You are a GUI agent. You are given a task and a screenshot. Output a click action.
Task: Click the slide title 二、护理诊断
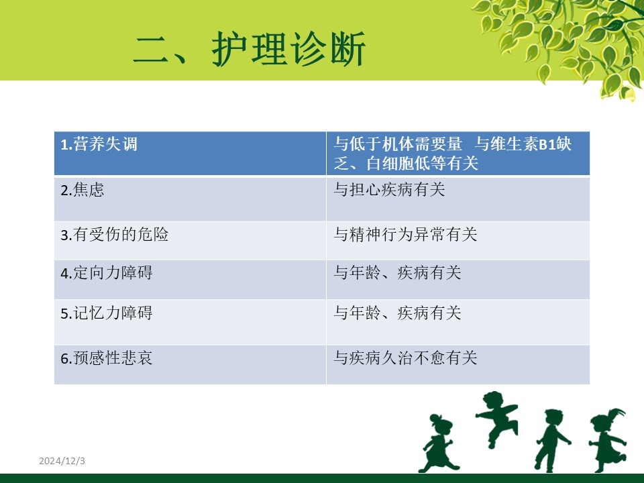(x=250, y=49)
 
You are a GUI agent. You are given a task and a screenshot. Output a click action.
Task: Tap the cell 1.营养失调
(x=190, y=153)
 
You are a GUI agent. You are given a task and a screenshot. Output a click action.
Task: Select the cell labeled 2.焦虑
(x=190, y=199)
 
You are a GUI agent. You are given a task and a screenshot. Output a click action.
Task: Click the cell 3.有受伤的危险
(x=190, y=241)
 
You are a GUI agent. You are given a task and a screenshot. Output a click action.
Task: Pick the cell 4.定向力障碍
(x=190, y=280)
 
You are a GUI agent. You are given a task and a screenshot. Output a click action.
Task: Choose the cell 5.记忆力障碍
(x=190, y=322)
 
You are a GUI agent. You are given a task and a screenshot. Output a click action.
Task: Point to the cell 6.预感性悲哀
(x=190, y=365)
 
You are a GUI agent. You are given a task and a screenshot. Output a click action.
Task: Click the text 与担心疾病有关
(x=389, y=190)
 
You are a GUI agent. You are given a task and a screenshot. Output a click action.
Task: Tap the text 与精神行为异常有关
(x=405, y=235)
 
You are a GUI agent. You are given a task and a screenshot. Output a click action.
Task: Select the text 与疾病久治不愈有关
(x=405, y=358)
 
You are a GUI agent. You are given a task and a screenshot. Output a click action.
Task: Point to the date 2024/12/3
(x=62, y=461)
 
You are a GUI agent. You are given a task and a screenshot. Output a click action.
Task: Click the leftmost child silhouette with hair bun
(x=437, y=443)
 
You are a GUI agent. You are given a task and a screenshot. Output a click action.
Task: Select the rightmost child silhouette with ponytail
(x=607, y=440)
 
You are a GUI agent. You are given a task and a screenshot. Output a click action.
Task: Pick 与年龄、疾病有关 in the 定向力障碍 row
(x=397, y=273)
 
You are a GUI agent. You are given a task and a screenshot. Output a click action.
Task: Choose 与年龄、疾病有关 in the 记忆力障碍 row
(x=397, y=313)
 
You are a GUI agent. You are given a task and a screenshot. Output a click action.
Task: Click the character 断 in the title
(x=347, y=49)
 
